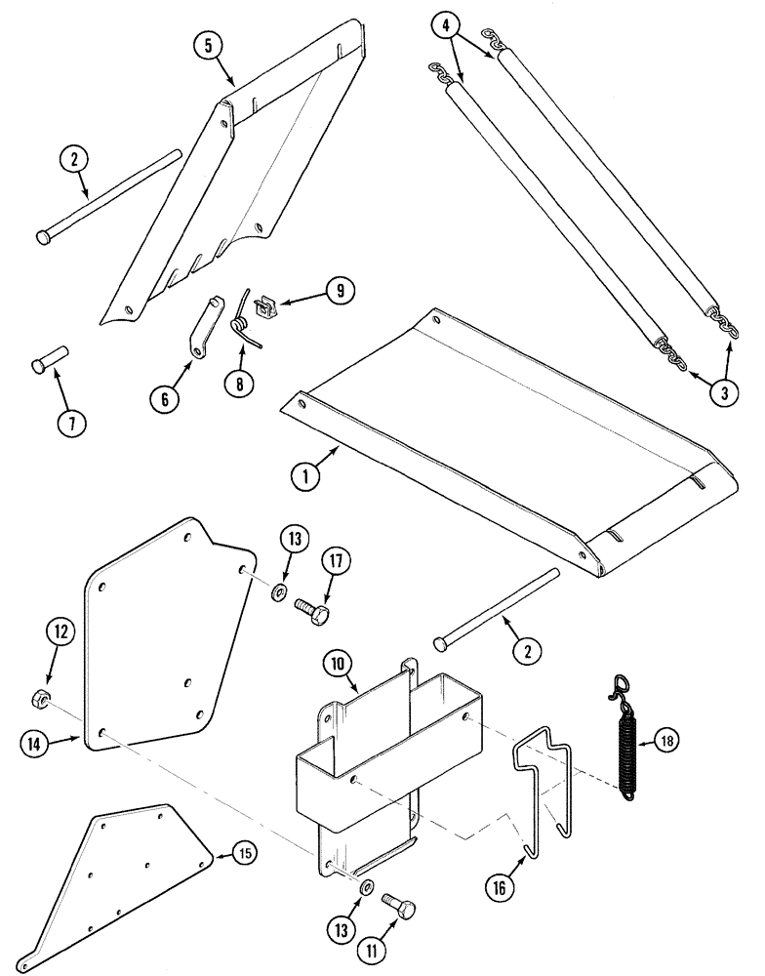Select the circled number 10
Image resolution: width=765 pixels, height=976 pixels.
pyautogui.click(x=338, y=665)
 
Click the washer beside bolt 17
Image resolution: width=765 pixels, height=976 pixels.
pyautogui.click(x=277, y=590)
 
